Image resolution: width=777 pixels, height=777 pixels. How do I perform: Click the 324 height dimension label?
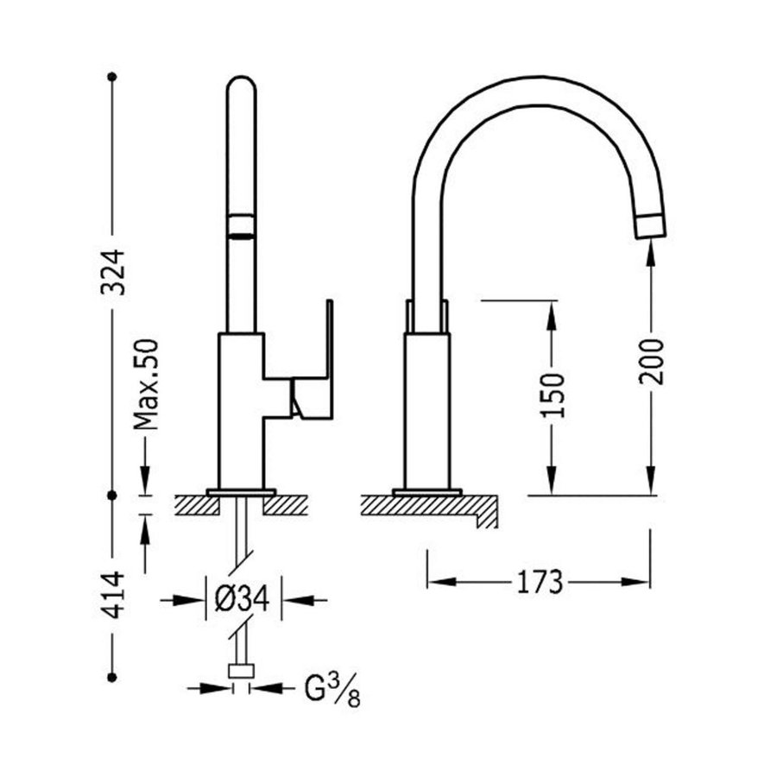pyautogui.click(x=113, y=272)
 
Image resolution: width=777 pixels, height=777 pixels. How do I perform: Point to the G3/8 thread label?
pyautogui.click(x=331, y=691)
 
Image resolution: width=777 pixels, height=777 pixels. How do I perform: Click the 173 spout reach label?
pyautogui.click(x=540, y=582)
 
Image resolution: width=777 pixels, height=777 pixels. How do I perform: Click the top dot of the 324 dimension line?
pyautogui.click(x=111, y=77)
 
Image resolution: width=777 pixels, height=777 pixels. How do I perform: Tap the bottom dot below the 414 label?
pyautogui.click(x=111, y=677)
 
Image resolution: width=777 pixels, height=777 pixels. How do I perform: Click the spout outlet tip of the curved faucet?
pyautogui.click(x=651, y=227)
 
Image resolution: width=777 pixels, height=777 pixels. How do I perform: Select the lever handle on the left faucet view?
pyautogui.click(x=312, y=380)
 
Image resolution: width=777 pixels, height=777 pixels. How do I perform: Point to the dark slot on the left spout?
pyautogui.click(x=241, y=228)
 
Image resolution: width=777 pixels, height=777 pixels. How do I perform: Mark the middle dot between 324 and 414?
pyautogui.click(x=111, y=496)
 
